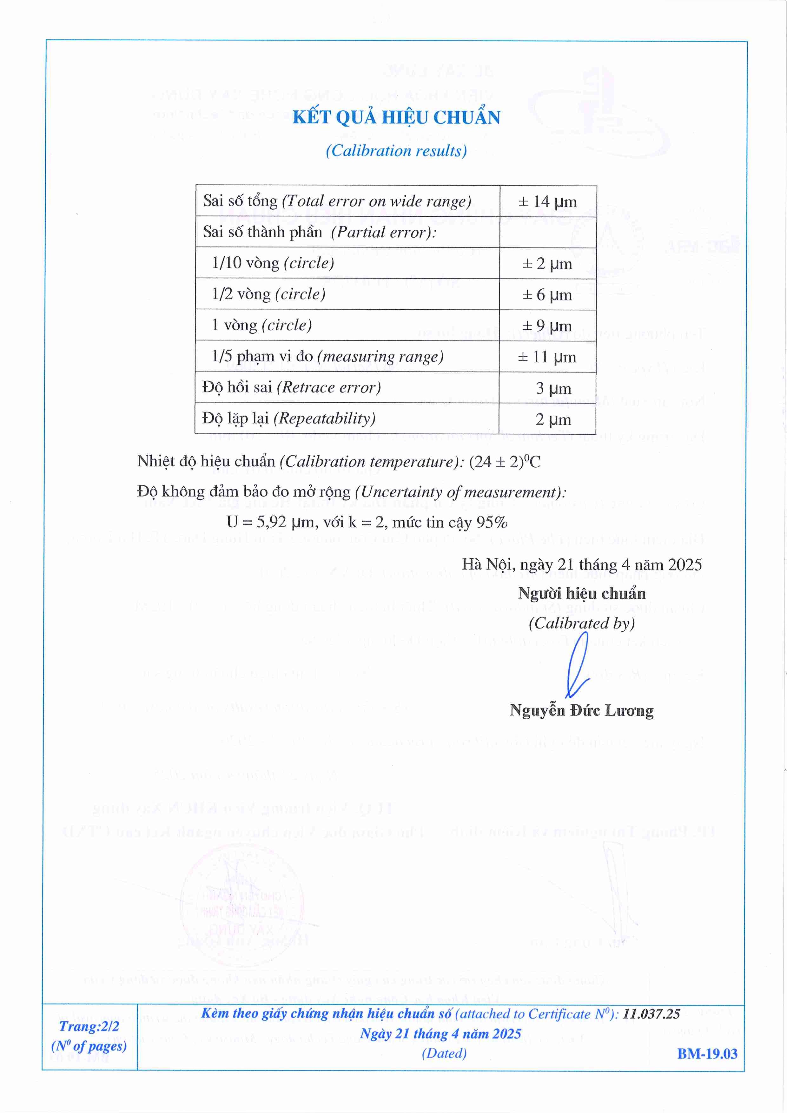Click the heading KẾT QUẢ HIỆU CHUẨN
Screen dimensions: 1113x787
click(x=396, y=117)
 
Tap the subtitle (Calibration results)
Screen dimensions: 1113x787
click(x=396, y=151)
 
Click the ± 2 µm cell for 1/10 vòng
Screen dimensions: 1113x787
click(x=547, y=263)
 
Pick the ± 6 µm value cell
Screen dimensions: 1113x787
click(x=547, y=294)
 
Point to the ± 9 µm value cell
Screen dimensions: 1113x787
click(x=547, y=325)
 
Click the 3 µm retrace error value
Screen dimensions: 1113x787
click(x=553, y=388)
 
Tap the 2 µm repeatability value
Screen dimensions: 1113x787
click(x=553, y=419)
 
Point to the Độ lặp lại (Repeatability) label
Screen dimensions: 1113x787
click(x=288, y=418)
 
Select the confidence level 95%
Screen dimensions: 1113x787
click(x=492, y=522)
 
